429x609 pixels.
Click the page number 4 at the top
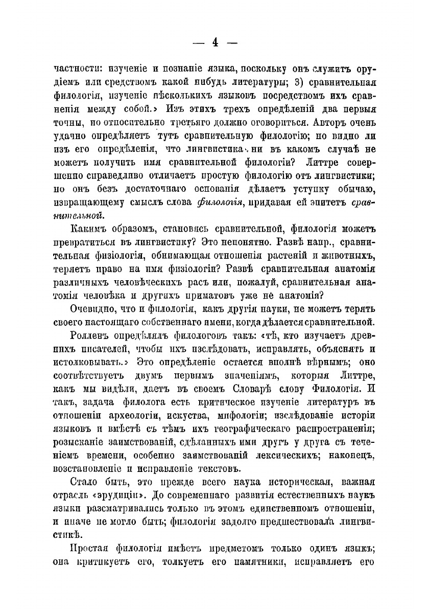[215, 43]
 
